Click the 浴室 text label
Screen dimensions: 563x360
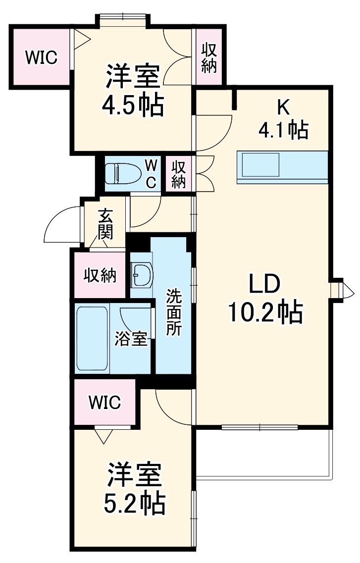pyautogui.click(x=131, y=339)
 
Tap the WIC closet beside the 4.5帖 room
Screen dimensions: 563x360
pyautogui.click(x=41, y=57)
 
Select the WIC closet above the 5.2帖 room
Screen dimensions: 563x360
pyautogui.click(x=104, y=402)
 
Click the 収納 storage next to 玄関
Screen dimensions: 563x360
pyautogui.click(x=100, y=275)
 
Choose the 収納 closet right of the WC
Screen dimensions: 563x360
pyautogui.click(x=179, y=174)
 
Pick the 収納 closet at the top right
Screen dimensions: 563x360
pyautogui.click(x=209, y=58)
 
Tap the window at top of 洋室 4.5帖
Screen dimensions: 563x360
pyautogui.click(x=122, y=18)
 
